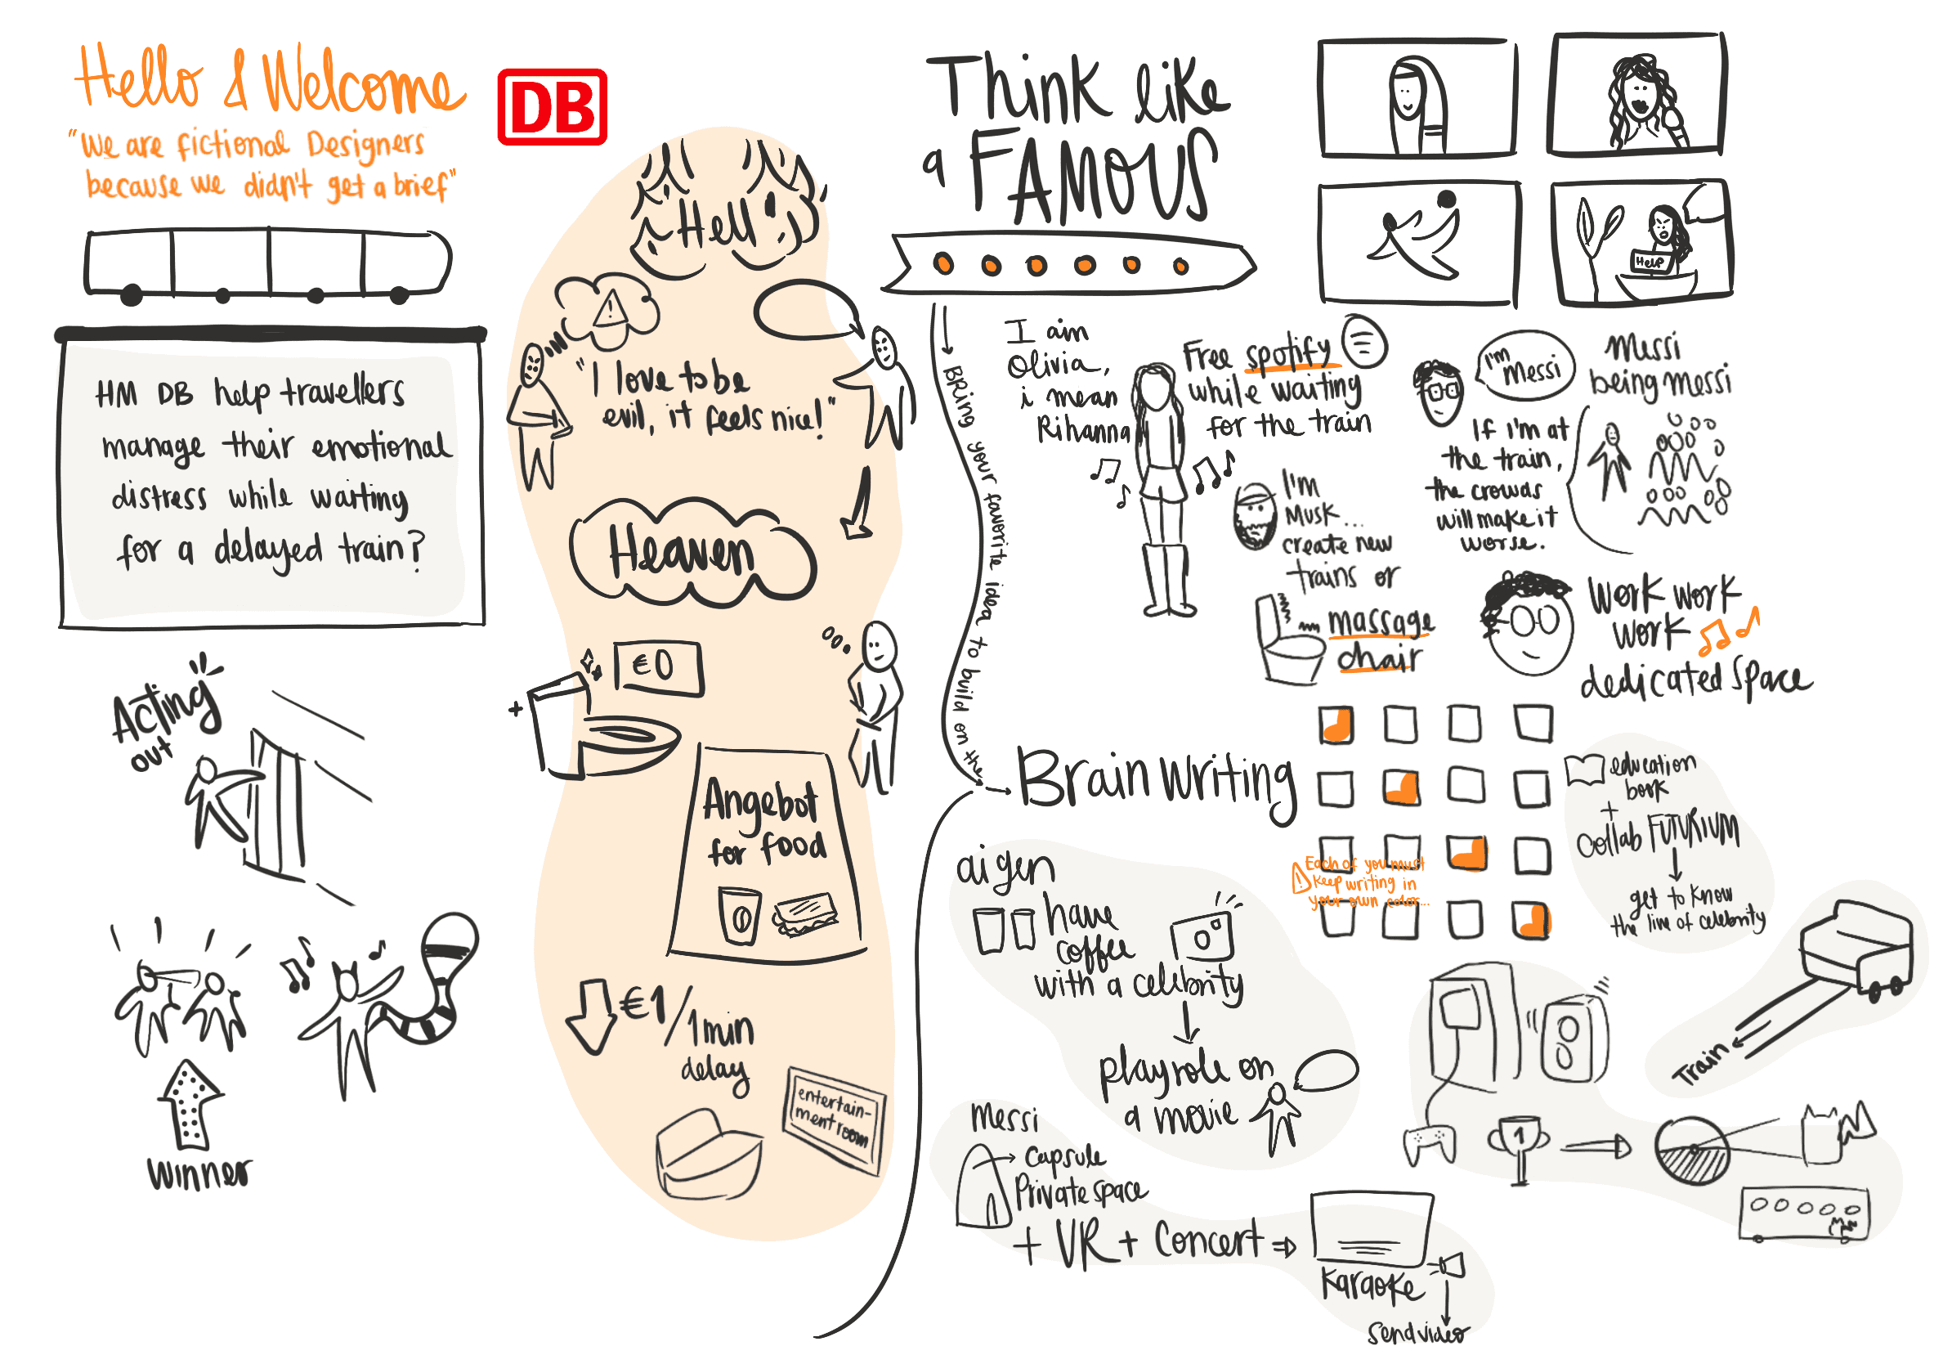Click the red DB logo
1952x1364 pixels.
tap(552, 107)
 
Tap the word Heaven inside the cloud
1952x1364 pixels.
tap(681, 554)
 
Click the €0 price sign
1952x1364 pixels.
tap(657, 667)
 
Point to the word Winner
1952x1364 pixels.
tap(199, 1173)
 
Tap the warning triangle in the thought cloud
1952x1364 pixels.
tap(610, 308)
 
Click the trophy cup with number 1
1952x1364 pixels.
tap(1520, 1144)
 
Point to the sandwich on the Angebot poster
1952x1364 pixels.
tap(804, 915)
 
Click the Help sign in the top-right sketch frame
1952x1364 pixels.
tap(1649, 261)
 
